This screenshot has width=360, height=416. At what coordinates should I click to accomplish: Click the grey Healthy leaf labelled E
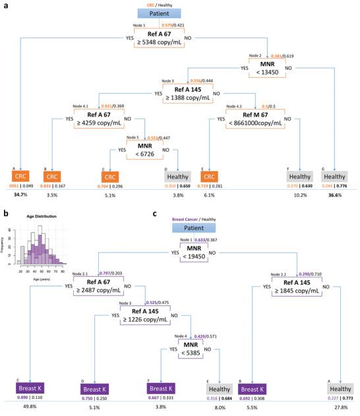click(x=218, y=388)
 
